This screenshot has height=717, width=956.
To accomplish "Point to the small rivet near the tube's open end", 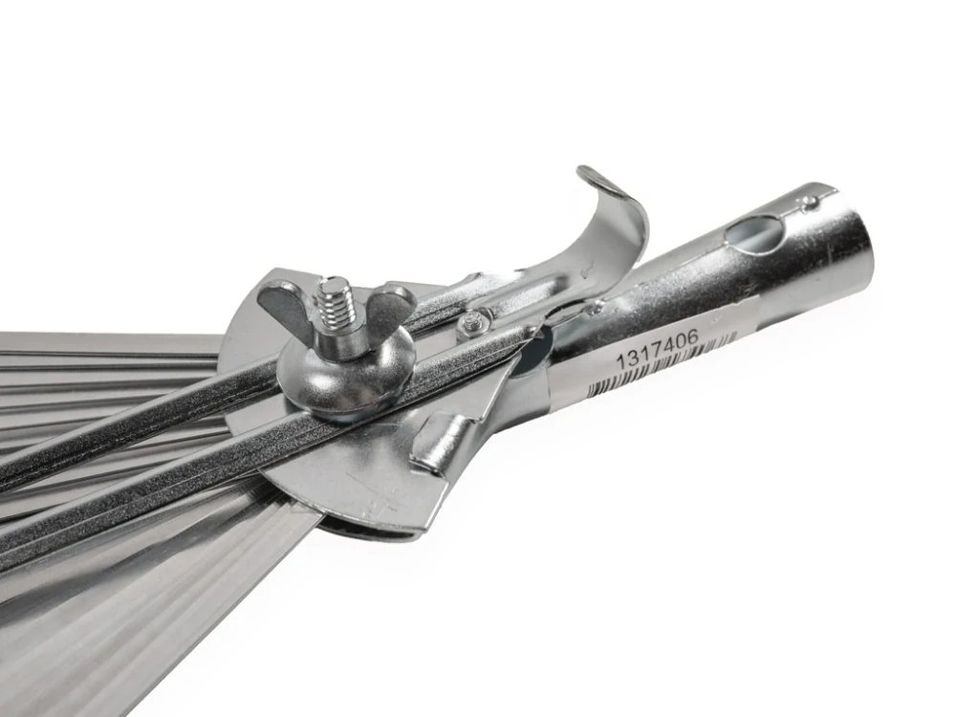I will pos(809,202).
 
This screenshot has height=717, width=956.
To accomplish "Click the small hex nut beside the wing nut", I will pos(470,324).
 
